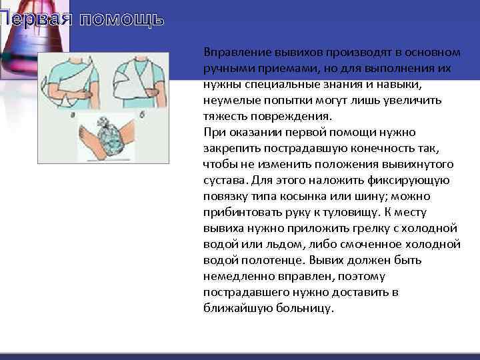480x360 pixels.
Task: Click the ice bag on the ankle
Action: (x=109, y=139)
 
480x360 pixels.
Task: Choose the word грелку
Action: (x=349, y=228)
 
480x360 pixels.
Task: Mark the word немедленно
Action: (x=237, y=276)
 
